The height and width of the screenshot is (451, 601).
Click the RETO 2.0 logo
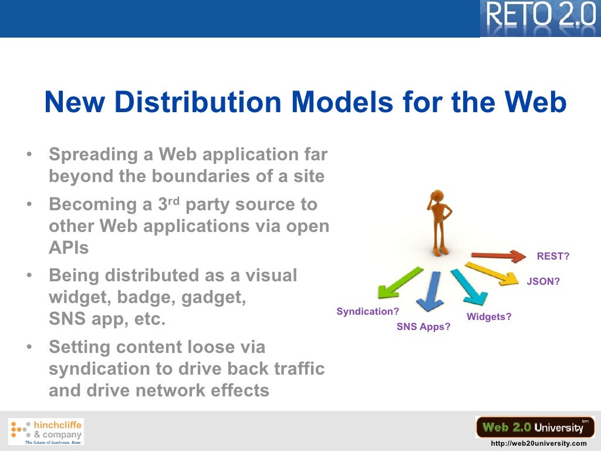pos(539,18)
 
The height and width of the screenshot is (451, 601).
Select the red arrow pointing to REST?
pos(499,255)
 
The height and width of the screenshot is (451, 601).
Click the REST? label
pos(553,256)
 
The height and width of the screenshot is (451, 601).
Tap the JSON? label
pos(543,281)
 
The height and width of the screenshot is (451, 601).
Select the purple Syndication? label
pos(367,312)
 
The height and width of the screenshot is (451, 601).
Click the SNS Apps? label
pos(424,327)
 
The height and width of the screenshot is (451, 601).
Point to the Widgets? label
pos(489,317)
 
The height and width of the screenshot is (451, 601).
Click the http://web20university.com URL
pos(538,444)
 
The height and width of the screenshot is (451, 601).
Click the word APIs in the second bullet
pos(69,248)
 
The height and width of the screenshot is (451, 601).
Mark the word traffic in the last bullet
pos(299,369)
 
